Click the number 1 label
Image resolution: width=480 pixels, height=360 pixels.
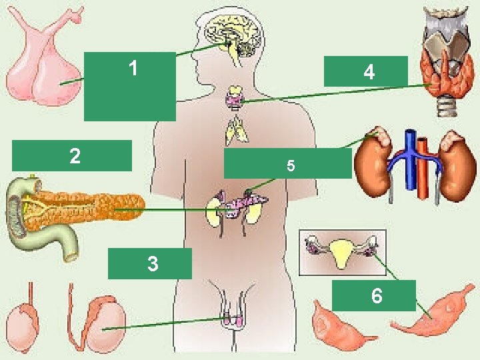click(133, 68)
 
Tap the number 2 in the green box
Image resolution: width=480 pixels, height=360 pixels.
click(75, 156)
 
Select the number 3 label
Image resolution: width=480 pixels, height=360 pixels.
click(153, 264)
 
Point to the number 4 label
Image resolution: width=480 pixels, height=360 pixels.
click(368, 72)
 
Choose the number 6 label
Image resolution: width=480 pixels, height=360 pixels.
click(377, 295)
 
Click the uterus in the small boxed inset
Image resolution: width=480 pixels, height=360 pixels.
click(341, 251)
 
